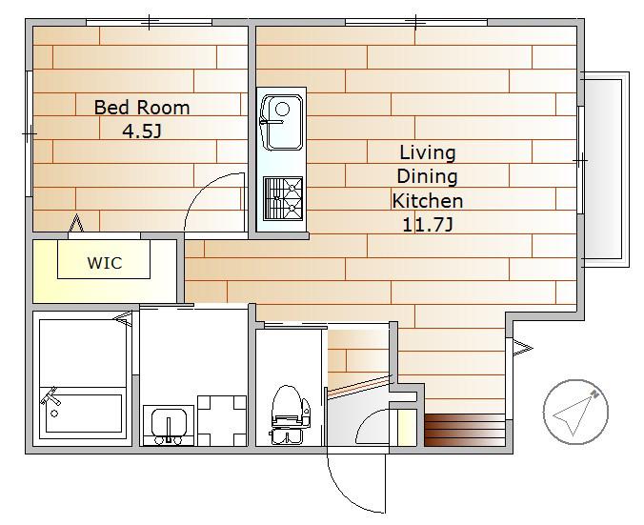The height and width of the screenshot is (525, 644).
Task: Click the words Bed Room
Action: tap(142, 108)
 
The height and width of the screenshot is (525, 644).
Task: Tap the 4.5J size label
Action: tap(142, 131)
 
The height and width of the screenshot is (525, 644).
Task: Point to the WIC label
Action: tap(105, 263)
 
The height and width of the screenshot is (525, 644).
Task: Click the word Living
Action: tap(428, 153)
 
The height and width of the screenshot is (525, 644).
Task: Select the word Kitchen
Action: tap(428, 201)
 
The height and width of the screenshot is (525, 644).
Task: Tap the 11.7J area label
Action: tap(428, 225)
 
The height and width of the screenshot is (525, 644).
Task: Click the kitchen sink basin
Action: tap(282, 122)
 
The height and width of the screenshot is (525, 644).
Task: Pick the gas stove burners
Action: tap(283, 198)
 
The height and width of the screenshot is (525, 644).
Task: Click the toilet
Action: tap(290, 414)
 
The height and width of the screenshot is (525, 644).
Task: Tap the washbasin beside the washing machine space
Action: tap(169, 425)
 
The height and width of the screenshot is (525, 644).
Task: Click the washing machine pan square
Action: tap(222, 420)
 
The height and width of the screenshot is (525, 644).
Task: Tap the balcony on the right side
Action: tap(605, 170)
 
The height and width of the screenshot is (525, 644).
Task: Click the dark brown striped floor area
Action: tap(465, 430)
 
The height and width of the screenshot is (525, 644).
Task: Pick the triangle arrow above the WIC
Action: tap(76, 223)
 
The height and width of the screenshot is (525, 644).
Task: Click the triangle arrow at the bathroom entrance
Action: tap(124, 318)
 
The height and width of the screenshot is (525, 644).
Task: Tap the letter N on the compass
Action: tap(594, 394)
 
